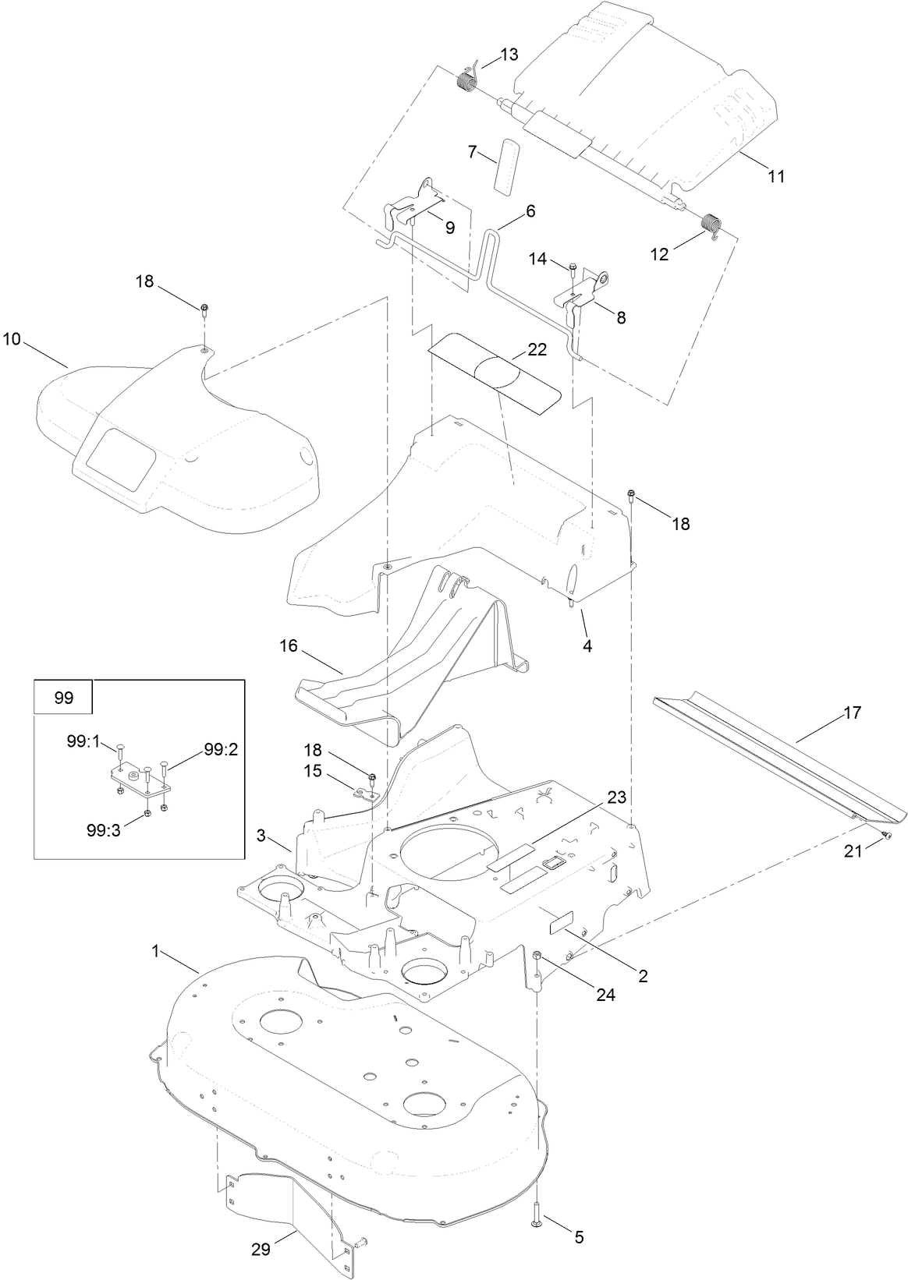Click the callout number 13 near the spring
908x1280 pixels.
pos(509,55)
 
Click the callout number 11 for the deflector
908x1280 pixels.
pos(775,176)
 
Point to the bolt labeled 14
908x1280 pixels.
pos(573,270)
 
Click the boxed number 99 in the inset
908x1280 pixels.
pos(64,698)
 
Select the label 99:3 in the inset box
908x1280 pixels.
pos(103,831)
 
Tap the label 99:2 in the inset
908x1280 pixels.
pos(221,749)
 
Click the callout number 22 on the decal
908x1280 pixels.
pos(537,350)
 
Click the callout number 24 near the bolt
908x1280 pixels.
pos(605,995)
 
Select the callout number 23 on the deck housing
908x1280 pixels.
pos(616,797)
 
